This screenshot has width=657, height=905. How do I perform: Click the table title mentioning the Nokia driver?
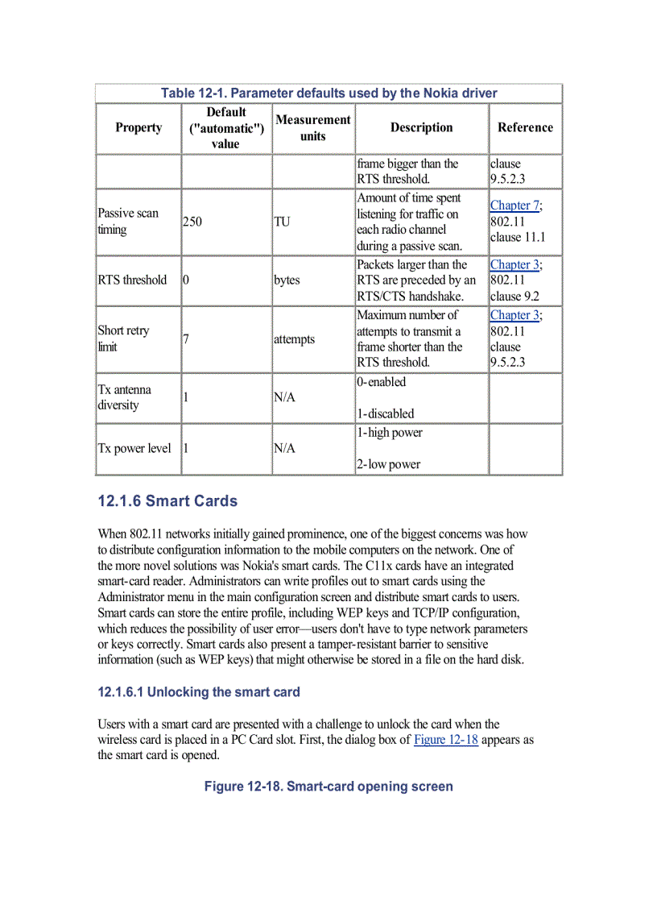[x=328, y=93]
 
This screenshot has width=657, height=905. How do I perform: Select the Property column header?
[x=138, y=127]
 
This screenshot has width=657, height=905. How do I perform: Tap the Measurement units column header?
[x=312, y=127]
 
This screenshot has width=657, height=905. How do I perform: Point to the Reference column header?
[x=525, y=127]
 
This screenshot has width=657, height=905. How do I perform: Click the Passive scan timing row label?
[x=128, y=222]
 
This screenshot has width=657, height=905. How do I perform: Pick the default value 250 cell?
[x=192, y=222]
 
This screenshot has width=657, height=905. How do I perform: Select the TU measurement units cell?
[x=282, y=222]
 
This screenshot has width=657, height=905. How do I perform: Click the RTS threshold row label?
[x=132, y=280]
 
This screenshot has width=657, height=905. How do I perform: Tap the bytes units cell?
[x=287, y=280]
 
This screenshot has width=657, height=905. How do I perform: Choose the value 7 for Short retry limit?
[x=186, y=338]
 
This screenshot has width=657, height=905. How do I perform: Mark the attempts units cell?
[x=294, y=339]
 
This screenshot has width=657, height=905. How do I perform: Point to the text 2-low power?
[x=389, y=464]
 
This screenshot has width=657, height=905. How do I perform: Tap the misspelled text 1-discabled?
[x=386, y=413]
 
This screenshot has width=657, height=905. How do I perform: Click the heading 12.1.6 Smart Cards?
[x=167, y=501]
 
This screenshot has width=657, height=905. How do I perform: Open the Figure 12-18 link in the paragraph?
[x=445, y=740]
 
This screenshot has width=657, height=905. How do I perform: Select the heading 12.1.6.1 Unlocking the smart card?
[x=199, y=692]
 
